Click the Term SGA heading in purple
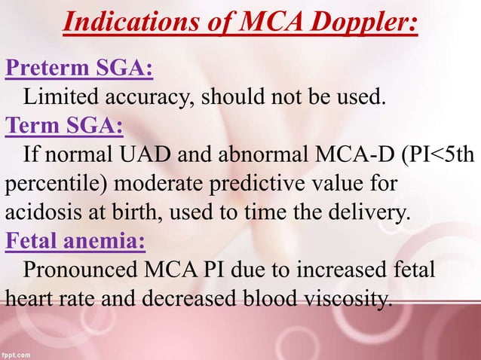pyautogui.click(x=65, y=124)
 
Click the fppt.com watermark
pyautogui.click(x=17, y=354)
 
